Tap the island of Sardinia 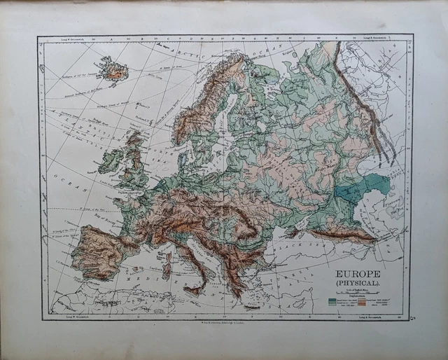click(x=167, y=266)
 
